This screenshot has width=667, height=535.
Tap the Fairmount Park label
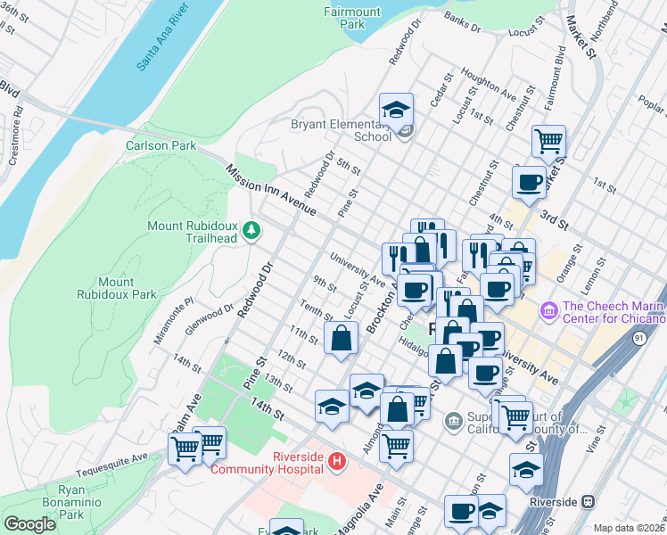click(x=352, y=18)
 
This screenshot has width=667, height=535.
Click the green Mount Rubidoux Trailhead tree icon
click(x=252, y=231)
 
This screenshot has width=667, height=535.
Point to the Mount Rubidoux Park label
click(x=116, y=288)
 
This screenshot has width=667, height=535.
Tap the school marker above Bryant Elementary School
click(x=396, y=110)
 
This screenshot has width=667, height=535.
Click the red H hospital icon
click(x=337, y=462)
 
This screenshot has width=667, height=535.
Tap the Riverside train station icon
click(x=589, y=501)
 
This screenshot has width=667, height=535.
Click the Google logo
click(x=29, y=524)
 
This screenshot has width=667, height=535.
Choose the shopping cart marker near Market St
click(x=548, y=140)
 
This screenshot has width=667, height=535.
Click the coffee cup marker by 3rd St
click(x=529, y=182)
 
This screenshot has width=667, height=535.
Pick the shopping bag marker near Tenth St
click(x=342, y=338)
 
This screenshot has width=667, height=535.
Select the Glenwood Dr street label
click(x=209, y=315)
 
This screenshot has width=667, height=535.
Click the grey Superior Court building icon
click(x=454, y=418)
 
